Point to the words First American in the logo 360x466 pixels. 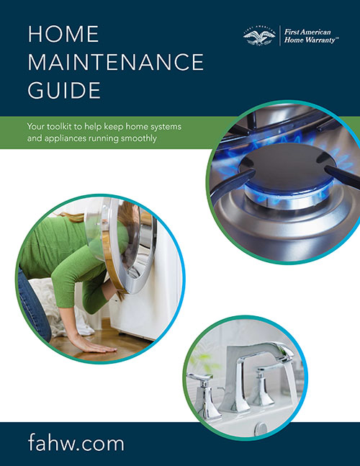pos(310,32)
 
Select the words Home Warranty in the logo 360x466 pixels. pos(310,42)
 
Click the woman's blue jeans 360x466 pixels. pos(33,310)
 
